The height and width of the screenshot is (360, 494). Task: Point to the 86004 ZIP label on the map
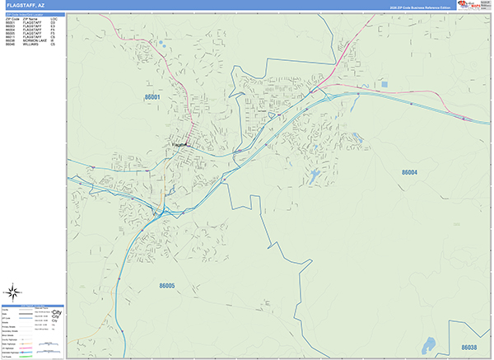click(x=410, y=172)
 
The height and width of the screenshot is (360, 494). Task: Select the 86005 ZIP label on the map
click(x=167, y=286)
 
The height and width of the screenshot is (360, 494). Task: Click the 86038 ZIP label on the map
click(x=468, y=347)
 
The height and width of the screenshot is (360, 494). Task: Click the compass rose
click(x=14, y=291)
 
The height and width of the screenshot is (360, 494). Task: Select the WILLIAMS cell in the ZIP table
click(x=32, y=44)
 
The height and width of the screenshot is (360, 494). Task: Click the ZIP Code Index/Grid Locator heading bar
click(x=33, y=13)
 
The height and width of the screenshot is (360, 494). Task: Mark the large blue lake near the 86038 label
click(x=428, y=343)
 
